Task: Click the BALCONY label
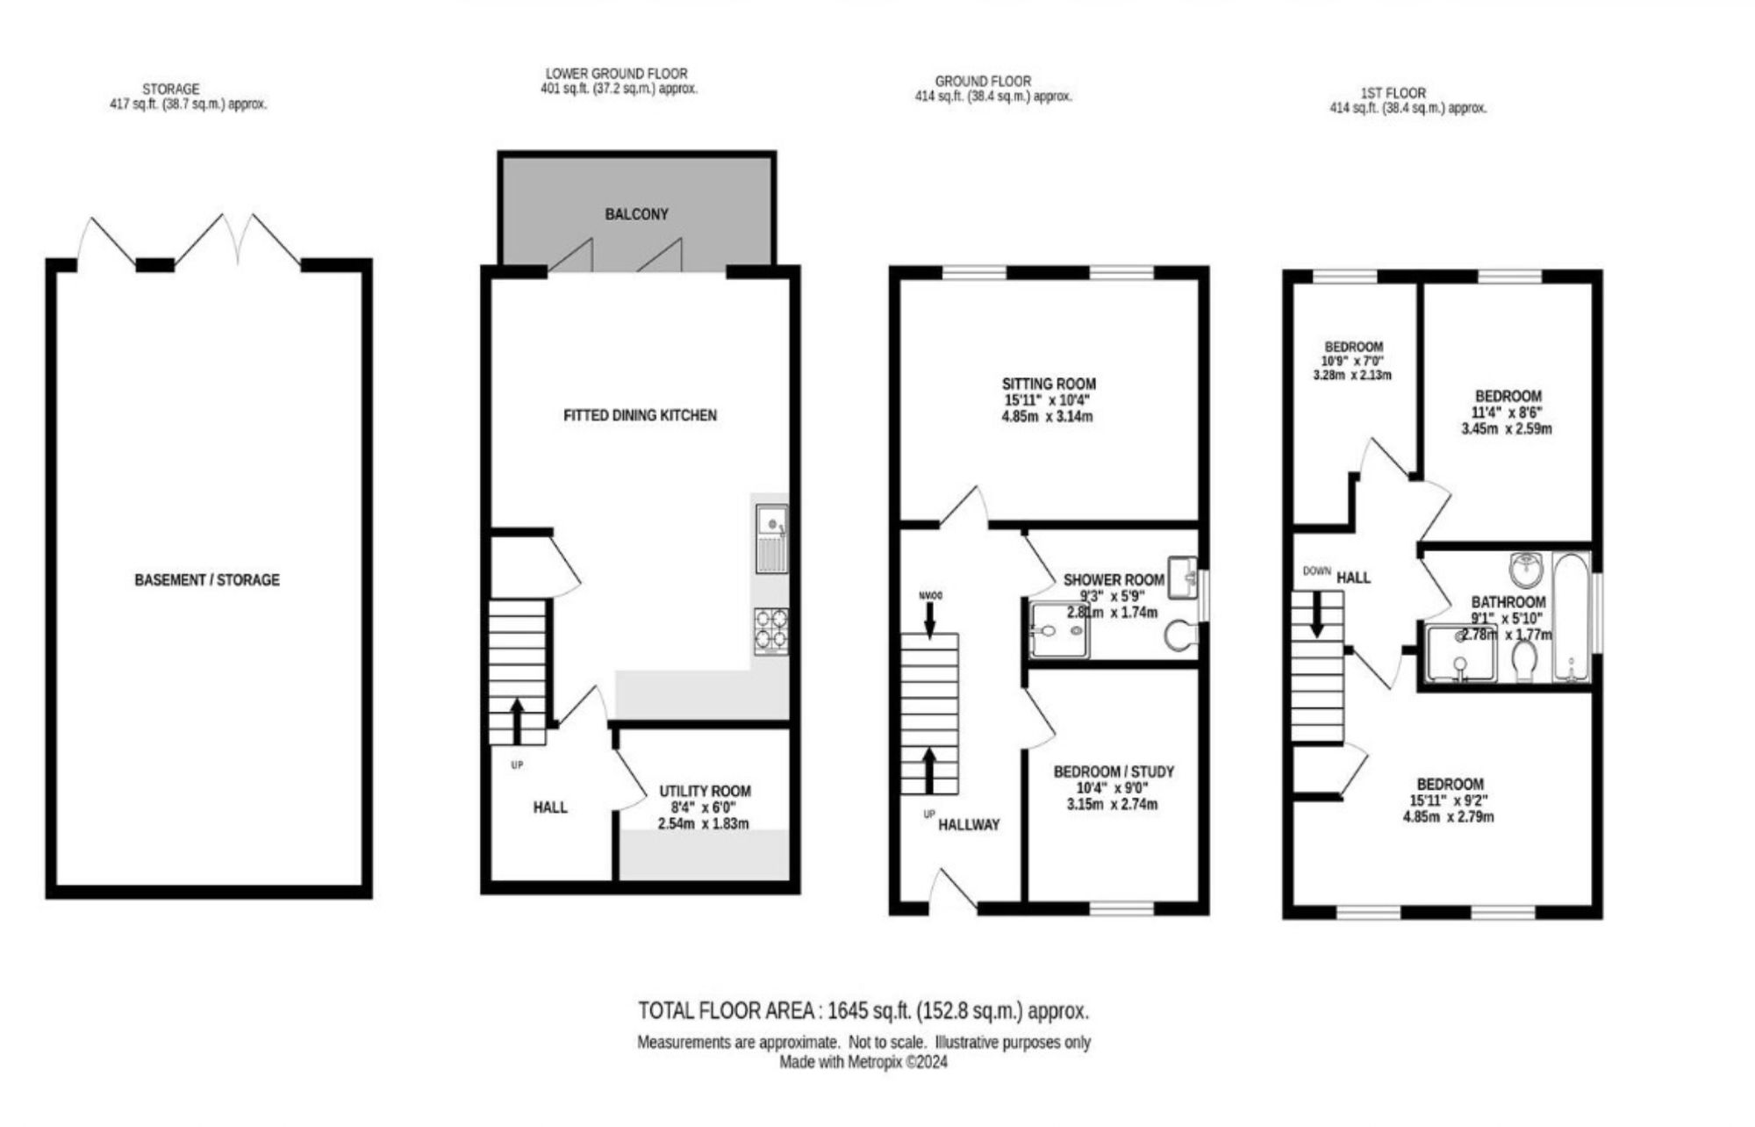point(636,214)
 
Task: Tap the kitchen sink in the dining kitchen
point(772,535)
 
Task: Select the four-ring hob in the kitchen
point(771,630)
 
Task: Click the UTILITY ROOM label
point(705,791)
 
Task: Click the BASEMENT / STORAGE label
point(207,580)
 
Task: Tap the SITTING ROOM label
point(1049,384)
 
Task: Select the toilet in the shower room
point(1180,635)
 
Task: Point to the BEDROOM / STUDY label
point(1114,772)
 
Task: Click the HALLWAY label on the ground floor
point(969,824)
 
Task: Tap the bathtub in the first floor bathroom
point(1572,617)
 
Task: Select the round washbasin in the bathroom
point(1527,570)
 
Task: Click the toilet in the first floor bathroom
point(1524,661)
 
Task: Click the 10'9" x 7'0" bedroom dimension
point(1352,361)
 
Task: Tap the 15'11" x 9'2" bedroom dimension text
point(1450,800)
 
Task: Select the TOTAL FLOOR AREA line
point(863,1011)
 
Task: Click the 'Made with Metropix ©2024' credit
point(863,1062)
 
